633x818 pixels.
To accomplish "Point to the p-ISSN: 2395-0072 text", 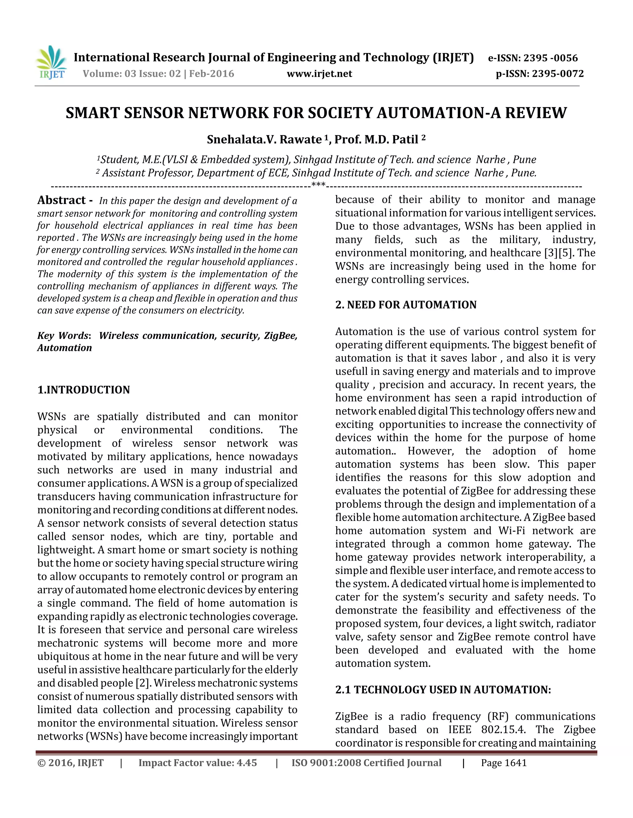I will [540, 74].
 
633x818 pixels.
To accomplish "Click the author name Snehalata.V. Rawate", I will [264, 140].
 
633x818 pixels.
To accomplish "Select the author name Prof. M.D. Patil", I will [376, 140].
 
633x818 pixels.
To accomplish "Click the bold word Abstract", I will [62, 200].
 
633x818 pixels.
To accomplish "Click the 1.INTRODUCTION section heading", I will [84, 390].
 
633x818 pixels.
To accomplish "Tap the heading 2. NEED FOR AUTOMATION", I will [406, 305].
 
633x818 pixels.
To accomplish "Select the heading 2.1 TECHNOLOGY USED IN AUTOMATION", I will [443, 690].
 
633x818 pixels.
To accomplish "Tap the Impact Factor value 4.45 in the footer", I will [246, 763].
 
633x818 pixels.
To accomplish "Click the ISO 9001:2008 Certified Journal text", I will [366, 763].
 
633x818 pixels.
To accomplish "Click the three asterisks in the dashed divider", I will [318, 185].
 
